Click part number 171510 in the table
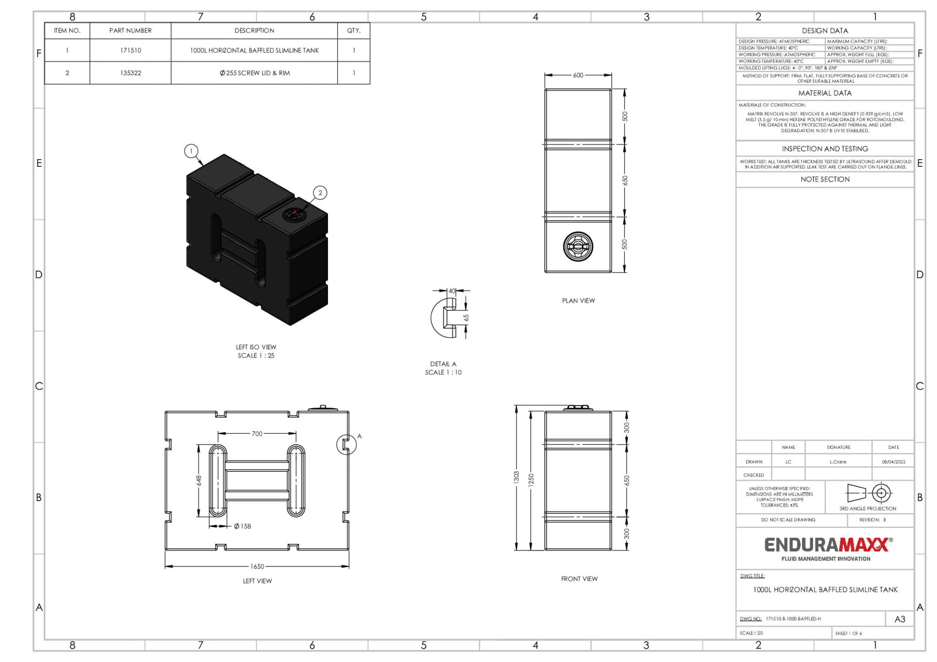[x=130, y=50]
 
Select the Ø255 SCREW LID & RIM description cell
[x=254, y=73]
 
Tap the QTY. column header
[x=353, y=31]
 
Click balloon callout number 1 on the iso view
[x=191, y=150]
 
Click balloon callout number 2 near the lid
[x=320, y=192]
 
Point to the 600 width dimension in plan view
[x=578, y=75]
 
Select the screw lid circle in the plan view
[x=578, y=246]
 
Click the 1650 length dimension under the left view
[x=257, y=566]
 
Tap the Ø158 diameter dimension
[x=242, y=526]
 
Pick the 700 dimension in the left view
[x=257, y=433]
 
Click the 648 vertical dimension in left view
[x=199, y=480]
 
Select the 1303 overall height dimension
[x=517, y=477]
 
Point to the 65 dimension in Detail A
[x=466, y=318]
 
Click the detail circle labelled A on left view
[x=346, y=444]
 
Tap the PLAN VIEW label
[x=578, y=300]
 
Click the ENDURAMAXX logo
[x=826, y=545]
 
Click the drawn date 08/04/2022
[x=893, y=462]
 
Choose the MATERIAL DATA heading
[x=824, y=93]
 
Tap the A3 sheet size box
[x=899, y=619]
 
